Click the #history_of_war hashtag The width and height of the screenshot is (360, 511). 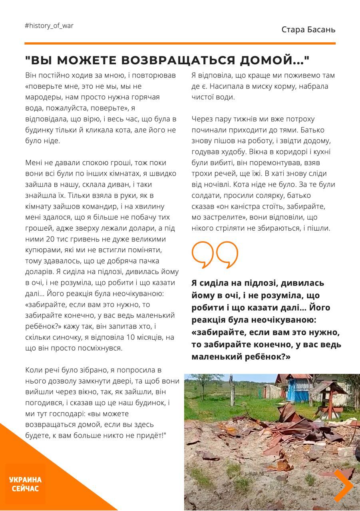coord(49,26)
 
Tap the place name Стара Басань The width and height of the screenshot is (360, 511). coord(308,30)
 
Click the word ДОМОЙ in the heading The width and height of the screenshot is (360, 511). coord(271,60)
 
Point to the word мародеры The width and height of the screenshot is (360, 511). coord(43,97)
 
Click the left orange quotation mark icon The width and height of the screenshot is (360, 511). coord(203,254)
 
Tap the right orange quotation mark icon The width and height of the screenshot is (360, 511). coord(227,254)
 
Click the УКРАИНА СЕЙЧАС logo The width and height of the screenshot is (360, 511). coord(25,484)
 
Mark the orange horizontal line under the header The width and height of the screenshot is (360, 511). coord(180,43)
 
